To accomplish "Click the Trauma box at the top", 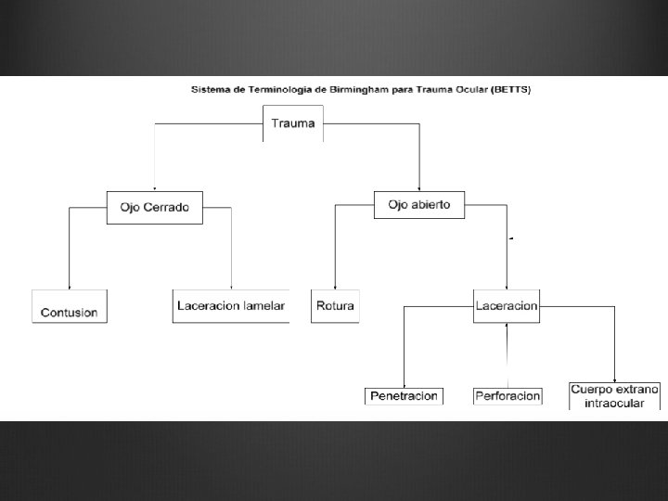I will (x=293, y=123).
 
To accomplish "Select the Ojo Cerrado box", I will (x=154, y=206).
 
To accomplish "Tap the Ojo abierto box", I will (x=418, y=205).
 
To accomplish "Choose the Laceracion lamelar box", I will (x=231, y=306).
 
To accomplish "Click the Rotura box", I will (x=335, y=306).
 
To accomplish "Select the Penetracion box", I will (x=404, y=396).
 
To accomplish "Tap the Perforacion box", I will (x=507, y=396).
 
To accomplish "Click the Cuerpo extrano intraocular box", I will (x=615, y=395).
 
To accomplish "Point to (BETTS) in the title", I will (x=513, y=90).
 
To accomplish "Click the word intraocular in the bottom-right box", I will (x=615, y=403).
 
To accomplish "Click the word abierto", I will (x=431, y=205).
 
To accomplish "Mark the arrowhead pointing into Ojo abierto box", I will (x=420, y=188).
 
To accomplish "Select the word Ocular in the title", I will (x=473, y=90).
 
